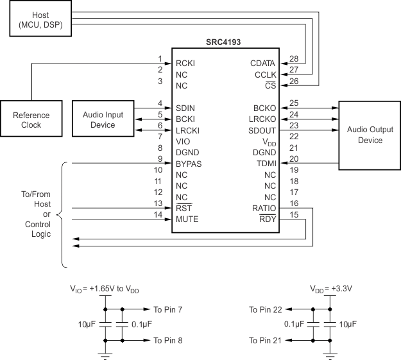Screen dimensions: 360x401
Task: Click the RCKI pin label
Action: coord(186,63)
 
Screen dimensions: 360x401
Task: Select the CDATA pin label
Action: coord(263,63)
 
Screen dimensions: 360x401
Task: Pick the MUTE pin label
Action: coord(187,219)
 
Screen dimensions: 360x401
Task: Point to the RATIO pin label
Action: coord(264,207)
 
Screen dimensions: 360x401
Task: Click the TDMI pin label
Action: coord(266,163)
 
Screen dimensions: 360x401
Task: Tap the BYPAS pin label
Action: coord(189,163)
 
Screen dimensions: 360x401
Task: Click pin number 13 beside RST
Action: coord(159,203)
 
